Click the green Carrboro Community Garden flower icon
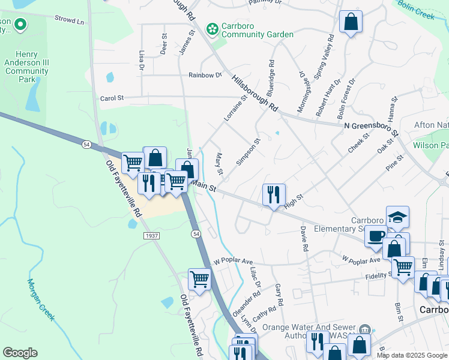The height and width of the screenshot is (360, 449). (x=211, y=29)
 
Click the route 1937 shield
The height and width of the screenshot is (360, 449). (x=151, y=236)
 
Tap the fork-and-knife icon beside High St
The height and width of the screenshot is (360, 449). (x=273, y=194)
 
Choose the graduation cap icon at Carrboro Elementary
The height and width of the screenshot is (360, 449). (x=397, y=217)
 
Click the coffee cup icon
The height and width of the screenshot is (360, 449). (x=376, y=236)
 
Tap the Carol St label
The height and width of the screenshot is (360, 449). (x=112, y=98)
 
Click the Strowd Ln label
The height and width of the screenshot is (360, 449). (x=69, y=20)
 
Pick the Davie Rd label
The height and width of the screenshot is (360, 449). (x=304, y=239)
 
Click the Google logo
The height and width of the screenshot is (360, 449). (x=20, y=353)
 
